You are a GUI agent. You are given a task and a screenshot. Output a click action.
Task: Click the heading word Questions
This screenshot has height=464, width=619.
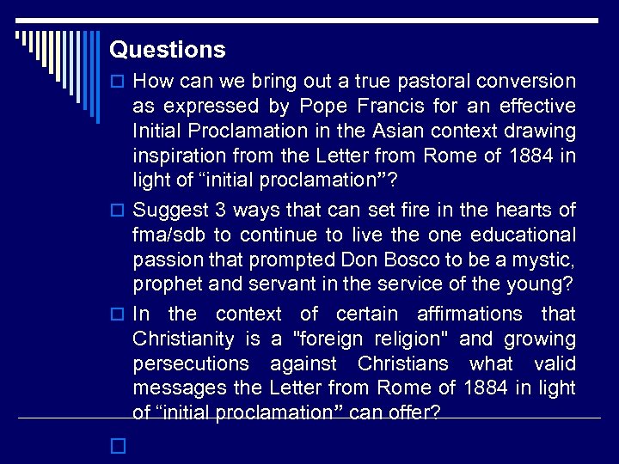pos(168,50)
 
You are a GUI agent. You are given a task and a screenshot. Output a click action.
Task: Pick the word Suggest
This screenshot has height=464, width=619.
pos(170,210)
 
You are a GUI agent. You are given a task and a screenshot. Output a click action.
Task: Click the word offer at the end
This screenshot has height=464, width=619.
pos(414,413)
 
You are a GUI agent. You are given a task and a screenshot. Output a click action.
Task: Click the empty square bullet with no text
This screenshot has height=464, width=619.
pos(118,447)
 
